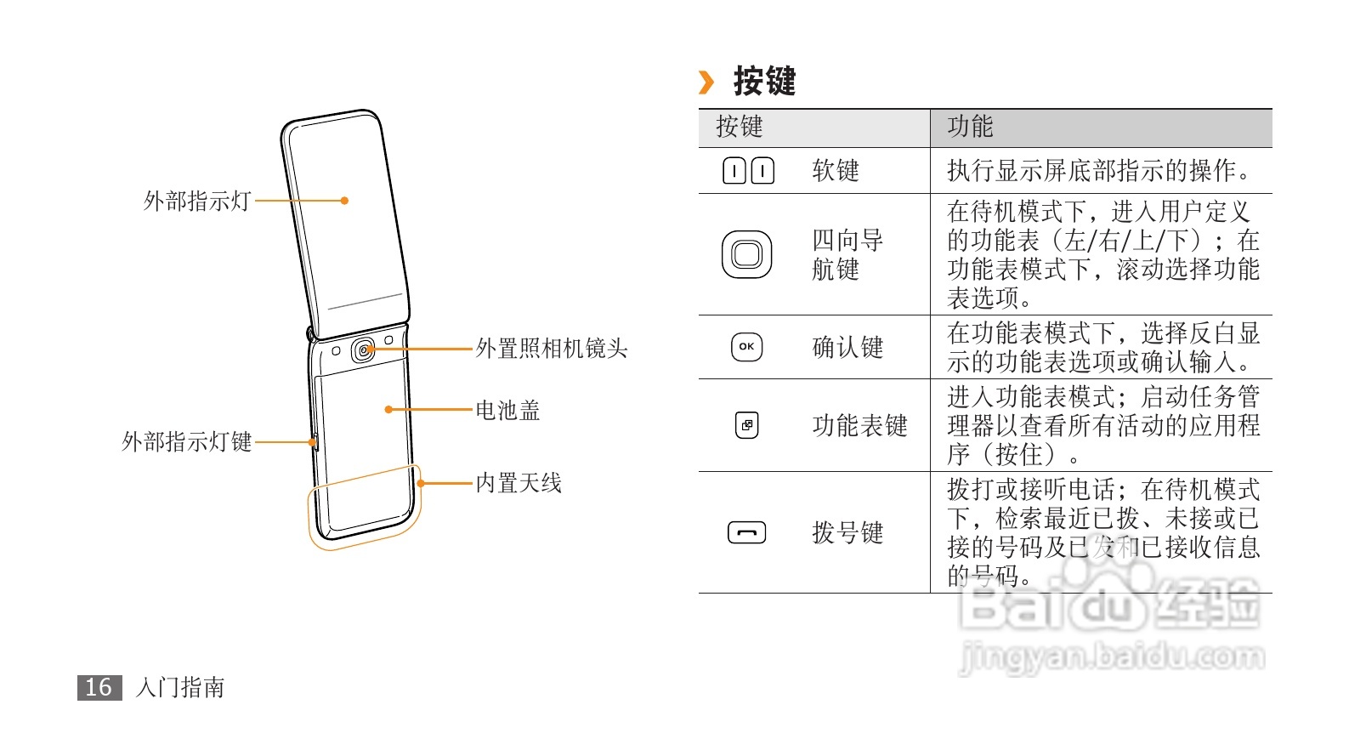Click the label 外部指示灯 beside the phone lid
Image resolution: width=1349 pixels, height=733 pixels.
pos(197,202)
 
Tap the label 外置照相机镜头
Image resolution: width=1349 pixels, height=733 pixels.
pos(551,349)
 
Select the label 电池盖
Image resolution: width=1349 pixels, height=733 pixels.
pos(507,411)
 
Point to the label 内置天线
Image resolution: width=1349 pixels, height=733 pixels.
pos(519,484)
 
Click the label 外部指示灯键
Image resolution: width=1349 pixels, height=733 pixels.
pos(187,442)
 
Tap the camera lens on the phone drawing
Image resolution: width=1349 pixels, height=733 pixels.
pos(364,350)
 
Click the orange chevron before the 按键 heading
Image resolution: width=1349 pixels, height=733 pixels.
pos(706,82)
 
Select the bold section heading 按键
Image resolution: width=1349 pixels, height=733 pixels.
pos(764,82)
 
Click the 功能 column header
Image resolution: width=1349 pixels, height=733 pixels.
pos(970,128)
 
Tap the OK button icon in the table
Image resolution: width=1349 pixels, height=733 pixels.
pos(746,347)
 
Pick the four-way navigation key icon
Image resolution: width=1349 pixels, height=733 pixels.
pos(746,254)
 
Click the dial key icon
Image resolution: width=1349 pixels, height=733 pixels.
pos(746,533)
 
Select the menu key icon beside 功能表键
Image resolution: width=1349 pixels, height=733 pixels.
pos(746,425)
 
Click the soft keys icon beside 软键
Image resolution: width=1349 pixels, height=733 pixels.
pos(748,171)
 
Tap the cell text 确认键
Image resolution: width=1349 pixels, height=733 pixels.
pos(847,348)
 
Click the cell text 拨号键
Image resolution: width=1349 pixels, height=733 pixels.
pos(847,533)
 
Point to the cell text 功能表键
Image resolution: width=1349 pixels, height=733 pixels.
pos(859,425)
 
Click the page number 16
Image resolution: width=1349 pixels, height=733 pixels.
pos(99,687)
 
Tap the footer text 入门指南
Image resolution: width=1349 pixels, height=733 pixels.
pos(180,687)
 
